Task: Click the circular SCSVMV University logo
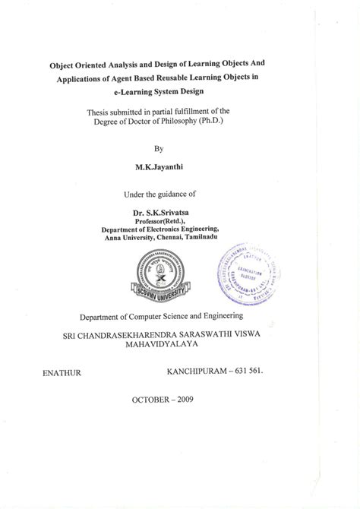coord(158,277)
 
